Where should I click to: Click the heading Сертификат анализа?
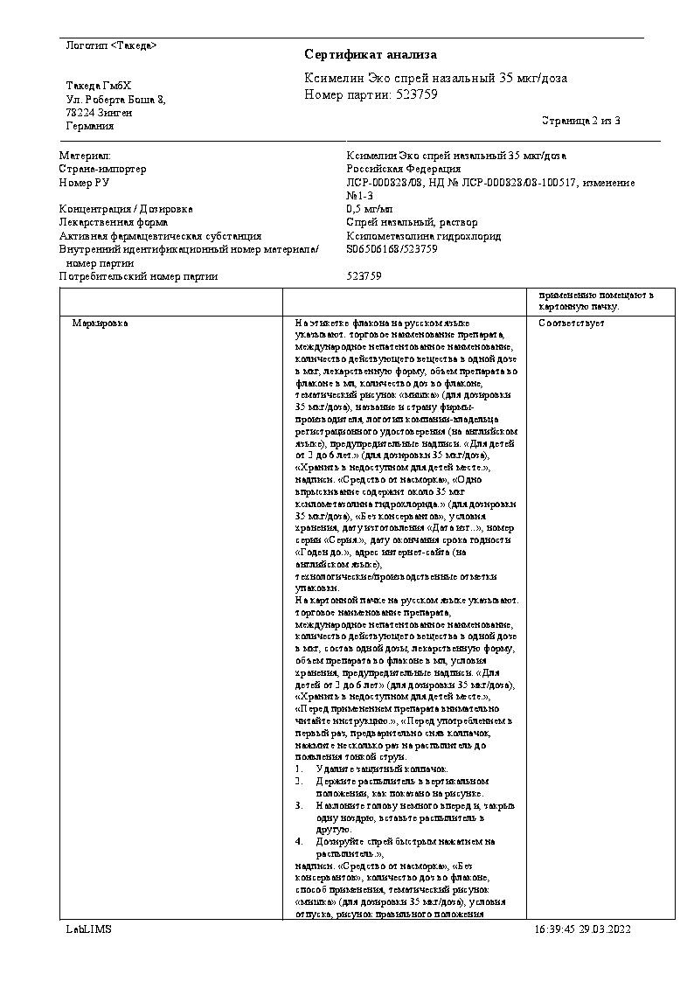(371, 55)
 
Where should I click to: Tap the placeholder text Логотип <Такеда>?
(111, 45)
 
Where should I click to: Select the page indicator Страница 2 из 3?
(581, 121)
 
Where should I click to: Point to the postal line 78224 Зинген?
(99, 113)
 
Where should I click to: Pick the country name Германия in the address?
(89, 126)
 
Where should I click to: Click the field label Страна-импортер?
(102, 169)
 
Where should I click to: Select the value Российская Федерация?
(404, 169)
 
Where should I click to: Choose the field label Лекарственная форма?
(111, 222)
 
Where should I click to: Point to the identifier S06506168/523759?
(392, 249)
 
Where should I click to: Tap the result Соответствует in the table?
(572, 324)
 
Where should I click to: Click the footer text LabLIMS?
(88, 929)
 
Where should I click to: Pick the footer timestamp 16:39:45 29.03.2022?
(581, 929)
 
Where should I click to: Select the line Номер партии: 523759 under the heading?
(371, 94)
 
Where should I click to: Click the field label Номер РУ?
(84, 182)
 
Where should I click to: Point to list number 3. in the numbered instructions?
(299, 804)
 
